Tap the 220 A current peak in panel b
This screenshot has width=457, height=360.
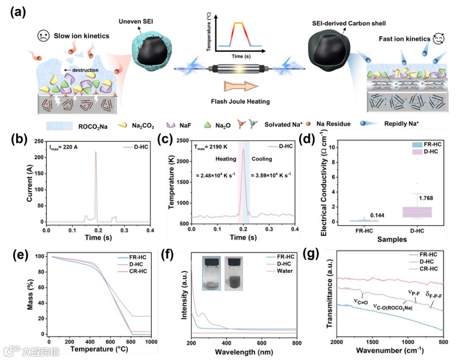coord(96,152)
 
